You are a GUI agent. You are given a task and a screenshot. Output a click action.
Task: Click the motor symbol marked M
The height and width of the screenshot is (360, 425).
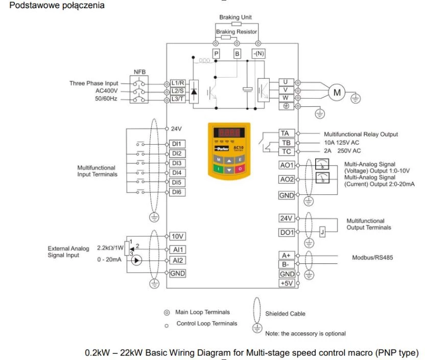click(x=337, y=93)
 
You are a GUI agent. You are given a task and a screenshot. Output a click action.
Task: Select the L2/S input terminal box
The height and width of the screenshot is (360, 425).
click(x=178, y=91)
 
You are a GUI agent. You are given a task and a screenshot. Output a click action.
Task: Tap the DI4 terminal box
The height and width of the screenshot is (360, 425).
click(x=177, y=173)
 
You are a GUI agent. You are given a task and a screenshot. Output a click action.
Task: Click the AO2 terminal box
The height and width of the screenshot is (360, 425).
click(x=287, y=179)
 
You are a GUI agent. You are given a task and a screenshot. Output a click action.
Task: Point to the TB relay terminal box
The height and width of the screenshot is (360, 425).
click(x=287, y=143)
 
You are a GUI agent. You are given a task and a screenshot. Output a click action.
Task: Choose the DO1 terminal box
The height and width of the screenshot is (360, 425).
click(x=287, y=233)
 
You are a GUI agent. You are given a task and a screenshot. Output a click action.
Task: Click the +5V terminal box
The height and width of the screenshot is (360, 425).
click(x=287, y=283)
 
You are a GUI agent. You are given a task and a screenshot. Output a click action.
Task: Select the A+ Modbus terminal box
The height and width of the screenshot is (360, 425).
click(x=287, y=255)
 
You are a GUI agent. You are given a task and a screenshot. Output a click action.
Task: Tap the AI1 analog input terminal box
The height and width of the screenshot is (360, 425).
click(x=178, y=250)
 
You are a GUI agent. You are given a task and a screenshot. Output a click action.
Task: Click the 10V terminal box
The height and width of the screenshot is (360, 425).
click(x=178, y=236)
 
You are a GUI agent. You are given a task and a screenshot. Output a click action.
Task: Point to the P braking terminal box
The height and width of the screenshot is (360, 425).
click(x=216, y=54)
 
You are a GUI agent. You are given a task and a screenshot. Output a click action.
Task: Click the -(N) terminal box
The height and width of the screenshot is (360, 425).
click(x=258, y=54)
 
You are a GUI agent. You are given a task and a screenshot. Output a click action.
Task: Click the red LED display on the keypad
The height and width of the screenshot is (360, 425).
click(x=229, y=132)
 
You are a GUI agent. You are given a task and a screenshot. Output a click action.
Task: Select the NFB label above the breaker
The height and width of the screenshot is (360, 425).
click(x=139, y=72)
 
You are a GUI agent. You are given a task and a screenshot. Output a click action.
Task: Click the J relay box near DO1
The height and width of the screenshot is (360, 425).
click(x=322, y=232)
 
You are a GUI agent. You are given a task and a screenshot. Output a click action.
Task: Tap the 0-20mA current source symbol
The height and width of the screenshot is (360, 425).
click(x=136, y=260)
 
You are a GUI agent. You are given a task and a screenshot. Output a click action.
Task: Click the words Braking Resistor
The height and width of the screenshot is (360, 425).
click(x=237, y=32)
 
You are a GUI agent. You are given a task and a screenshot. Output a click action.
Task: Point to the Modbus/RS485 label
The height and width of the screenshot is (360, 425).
click(x=372, y=257)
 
